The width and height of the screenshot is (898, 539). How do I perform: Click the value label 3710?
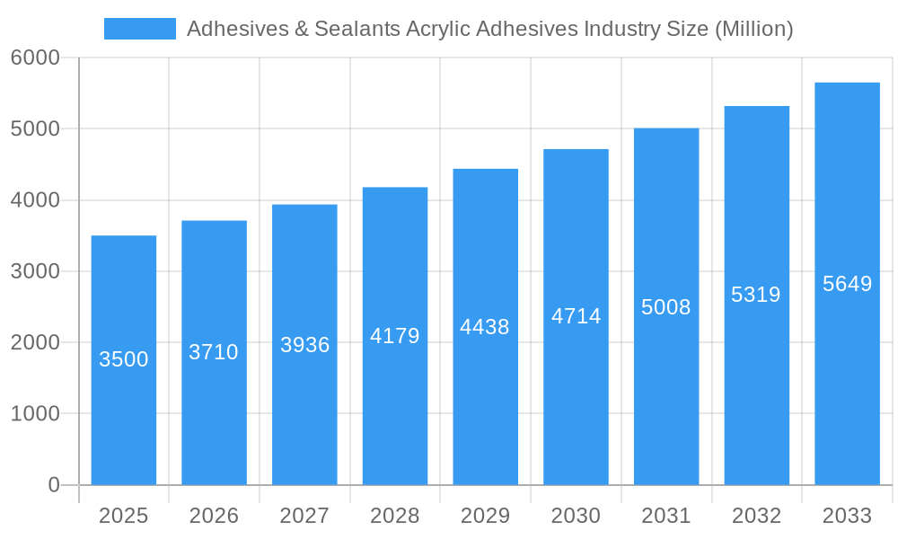214,352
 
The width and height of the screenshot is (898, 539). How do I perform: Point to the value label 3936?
304,345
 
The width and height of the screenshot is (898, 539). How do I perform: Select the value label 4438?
485,327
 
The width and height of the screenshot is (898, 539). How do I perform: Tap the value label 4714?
576,316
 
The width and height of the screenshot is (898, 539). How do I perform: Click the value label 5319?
756,295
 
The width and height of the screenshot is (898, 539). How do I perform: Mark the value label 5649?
847,284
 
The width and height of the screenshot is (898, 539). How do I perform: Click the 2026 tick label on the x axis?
214,517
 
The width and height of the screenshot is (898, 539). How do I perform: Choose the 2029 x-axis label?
485,517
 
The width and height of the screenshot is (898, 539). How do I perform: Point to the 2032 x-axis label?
756,517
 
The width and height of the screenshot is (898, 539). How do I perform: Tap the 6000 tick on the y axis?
35,57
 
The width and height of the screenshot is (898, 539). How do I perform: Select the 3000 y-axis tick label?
35,271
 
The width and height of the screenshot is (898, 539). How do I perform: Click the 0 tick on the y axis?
53,485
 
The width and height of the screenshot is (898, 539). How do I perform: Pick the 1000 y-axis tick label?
35,414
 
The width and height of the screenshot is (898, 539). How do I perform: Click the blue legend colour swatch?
139,29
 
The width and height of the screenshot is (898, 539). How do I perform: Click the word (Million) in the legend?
753,29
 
